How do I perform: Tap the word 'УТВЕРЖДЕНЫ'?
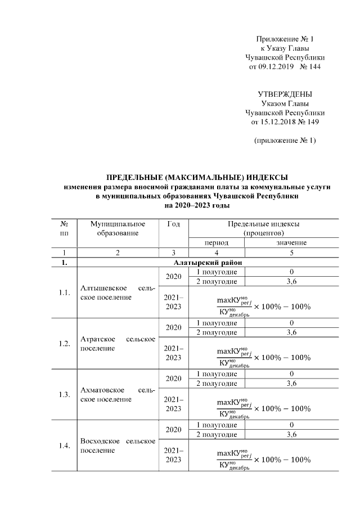point(285,94)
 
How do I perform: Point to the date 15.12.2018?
point(273,121)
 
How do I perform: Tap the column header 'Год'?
point(174,224)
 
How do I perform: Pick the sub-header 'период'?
point(216,242)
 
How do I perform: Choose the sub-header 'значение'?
point(291,242)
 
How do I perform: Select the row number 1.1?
point(64,292)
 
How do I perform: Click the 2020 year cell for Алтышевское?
point(174,277)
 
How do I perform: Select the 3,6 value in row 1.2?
point(291,332)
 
